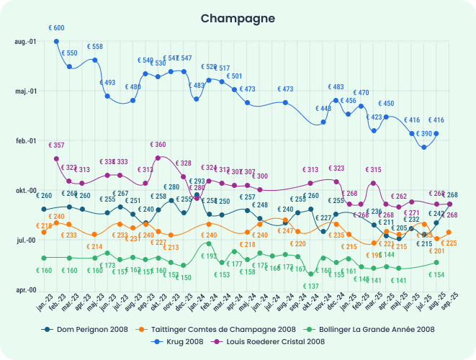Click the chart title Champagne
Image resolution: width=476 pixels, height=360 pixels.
[x=238, y=18]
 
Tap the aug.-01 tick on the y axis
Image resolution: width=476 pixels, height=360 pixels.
[x=26, y=42]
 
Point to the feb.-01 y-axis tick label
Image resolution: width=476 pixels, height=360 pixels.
[x=26, y=141]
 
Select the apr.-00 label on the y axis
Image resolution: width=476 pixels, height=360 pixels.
[x=26, y=290]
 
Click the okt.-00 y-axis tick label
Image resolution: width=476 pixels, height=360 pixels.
[x=26, y=191]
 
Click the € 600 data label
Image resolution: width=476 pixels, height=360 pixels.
[x=56, y=28]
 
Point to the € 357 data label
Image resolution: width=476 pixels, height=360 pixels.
[x=56, y=145]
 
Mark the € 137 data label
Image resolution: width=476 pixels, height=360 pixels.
[x=310, y=287]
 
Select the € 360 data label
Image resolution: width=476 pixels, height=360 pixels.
[x=158, y=145]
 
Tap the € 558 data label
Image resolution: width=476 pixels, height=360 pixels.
[x=95, y=47]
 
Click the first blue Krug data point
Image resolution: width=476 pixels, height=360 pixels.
[x=57, y=42]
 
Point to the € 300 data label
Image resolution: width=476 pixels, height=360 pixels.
[x=260, y=176]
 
